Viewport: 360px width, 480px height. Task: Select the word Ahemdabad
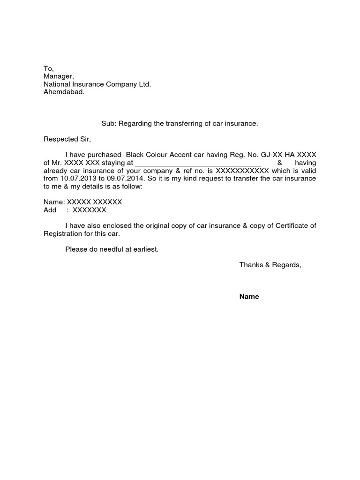pyautogui.click(x=64, y=92)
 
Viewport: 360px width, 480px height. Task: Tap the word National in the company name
pyautogui.click(x=56, y=84)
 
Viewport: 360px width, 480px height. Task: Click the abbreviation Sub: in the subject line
pyautogui.click(x=109, y=124)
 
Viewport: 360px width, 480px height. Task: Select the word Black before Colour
pyautogui.click(x=136, y=155)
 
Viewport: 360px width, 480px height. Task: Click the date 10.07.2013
pyautogui.click(x=77, y=179)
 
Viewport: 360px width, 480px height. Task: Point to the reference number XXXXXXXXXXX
pyautogui.click(x=242, y=171)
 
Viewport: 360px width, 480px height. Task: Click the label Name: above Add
pyautogui.click(x=54, y=202)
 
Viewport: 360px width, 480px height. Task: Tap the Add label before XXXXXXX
pyautogui.click(x=50, y=210)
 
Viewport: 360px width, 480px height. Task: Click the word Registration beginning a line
pyautogui.click(x=63, y=233)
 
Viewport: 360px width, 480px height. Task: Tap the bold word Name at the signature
pyautogui.click(x=249, y=297)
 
